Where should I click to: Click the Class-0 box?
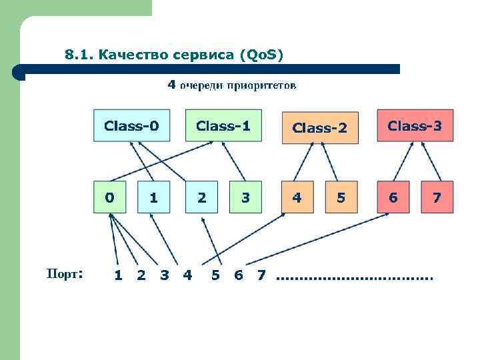[131, 125]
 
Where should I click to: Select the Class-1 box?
[223, 125]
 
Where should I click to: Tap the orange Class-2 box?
[319, 127]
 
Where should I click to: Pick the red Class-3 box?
[415, 125]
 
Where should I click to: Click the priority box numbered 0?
[109, 197]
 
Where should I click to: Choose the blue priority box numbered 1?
[154, 197]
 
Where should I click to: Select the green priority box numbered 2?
[201, 197]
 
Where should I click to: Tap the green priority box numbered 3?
[246, 197]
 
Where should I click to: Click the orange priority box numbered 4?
[297, 197]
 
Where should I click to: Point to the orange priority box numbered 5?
[341, 197]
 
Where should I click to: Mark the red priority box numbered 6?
[393, 197]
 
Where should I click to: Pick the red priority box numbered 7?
[437, 197]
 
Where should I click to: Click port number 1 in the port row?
[118, 275]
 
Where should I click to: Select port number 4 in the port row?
[187, 275]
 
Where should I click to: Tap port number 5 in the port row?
[215, 275]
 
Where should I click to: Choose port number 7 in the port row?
[261, 275]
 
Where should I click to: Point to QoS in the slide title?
[264, 54]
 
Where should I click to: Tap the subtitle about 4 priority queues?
[231, 85]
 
